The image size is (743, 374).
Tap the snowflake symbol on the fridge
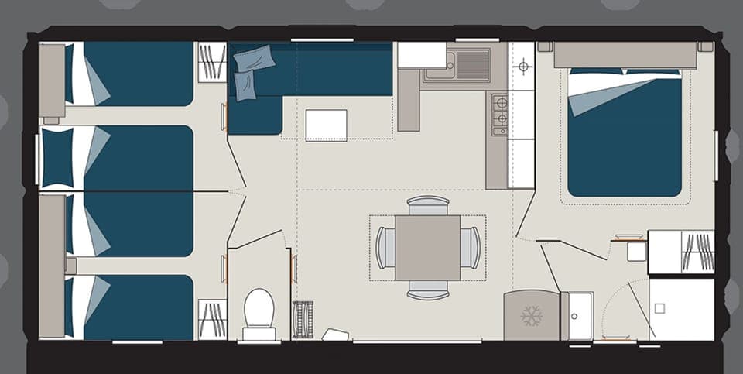(x=531, y=315)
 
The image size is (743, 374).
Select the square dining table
(x=427, y=247)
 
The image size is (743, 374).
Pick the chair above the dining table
(x=428, y=205)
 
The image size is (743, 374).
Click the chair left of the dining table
(x=385, y=248)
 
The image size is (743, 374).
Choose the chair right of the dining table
(x=471, y=248)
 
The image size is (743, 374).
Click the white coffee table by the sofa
(x=326, y=125)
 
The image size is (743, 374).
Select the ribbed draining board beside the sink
(x=473, y=64)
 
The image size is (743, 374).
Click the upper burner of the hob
(x=501, y=101)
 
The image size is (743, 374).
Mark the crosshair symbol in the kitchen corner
(x=523, y=67)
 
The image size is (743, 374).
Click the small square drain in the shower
(x=659, y=307)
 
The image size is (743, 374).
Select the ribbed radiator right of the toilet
(x=303, y=319)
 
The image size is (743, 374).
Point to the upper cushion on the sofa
(x=255, y=58)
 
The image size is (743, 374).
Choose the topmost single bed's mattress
(x=138, y=74)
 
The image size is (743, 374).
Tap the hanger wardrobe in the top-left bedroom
(x=211, y=62)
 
